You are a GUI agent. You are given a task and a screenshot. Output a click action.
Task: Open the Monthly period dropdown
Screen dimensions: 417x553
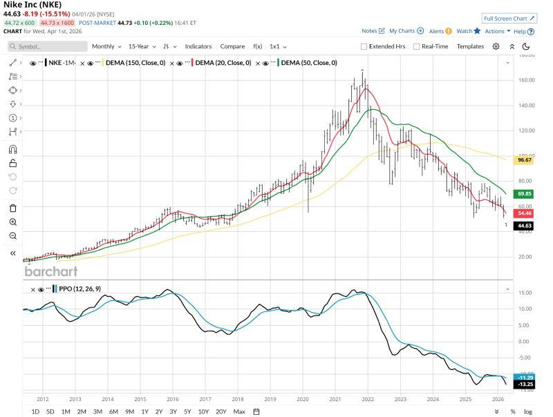(x=106, y=46)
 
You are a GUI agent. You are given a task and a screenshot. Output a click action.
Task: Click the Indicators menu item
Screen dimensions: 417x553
(x=198, y=46)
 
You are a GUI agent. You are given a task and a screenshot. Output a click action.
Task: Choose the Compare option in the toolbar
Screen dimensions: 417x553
(x=232, y=46)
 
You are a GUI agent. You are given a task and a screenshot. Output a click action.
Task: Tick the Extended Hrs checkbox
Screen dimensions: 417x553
(x=364, y=46)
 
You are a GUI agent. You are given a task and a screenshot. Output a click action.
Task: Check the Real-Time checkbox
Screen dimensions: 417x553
(x=417, y=46)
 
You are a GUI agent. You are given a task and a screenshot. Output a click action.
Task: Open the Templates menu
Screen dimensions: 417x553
(x=470, y=46)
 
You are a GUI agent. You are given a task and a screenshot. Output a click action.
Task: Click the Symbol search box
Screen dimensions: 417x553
(x=48, y=46)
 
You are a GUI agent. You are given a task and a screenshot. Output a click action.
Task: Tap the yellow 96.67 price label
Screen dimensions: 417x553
(x=525, y=160)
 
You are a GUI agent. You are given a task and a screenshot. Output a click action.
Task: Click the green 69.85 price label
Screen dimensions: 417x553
(x=525, y=194)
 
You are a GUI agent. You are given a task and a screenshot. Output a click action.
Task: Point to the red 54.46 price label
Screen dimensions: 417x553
(x=525, y=213)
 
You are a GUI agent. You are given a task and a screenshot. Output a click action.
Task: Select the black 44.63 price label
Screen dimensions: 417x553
(x=525, y=226)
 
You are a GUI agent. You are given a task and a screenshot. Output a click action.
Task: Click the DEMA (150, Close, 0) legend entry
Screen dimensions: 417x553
(x=135, y=63)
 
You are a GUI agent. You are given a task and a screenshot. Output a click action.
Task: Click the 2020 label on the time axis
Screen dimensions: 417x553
(x=303, y=399)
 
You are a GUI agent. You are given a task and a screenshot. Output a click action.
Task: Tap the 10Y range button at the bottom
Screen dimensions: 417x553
(x=203, y=411)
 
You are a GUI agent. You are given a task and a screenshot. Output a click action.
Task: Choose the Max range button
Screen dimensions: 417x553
(x=239, y=411)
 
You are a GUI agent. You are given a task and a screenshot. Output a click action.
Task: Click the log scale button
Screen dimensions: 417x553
(x=528, y=411)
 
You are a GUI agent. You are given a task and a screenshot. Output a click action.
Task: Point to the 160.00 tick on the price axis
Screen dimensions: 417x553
(x=527, y=80)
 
